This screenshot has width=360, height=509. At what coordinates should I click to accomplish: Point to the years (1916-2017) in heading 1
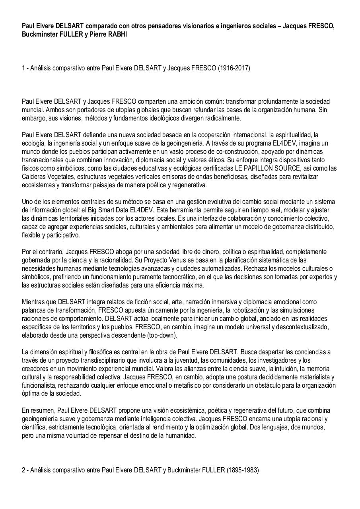[234, 68]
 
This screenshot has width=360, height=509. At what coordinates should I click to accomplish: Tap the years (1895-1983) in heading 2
[243, 470]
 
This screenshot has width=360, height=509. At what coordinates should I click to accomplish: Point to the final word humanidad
[182, 435]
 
